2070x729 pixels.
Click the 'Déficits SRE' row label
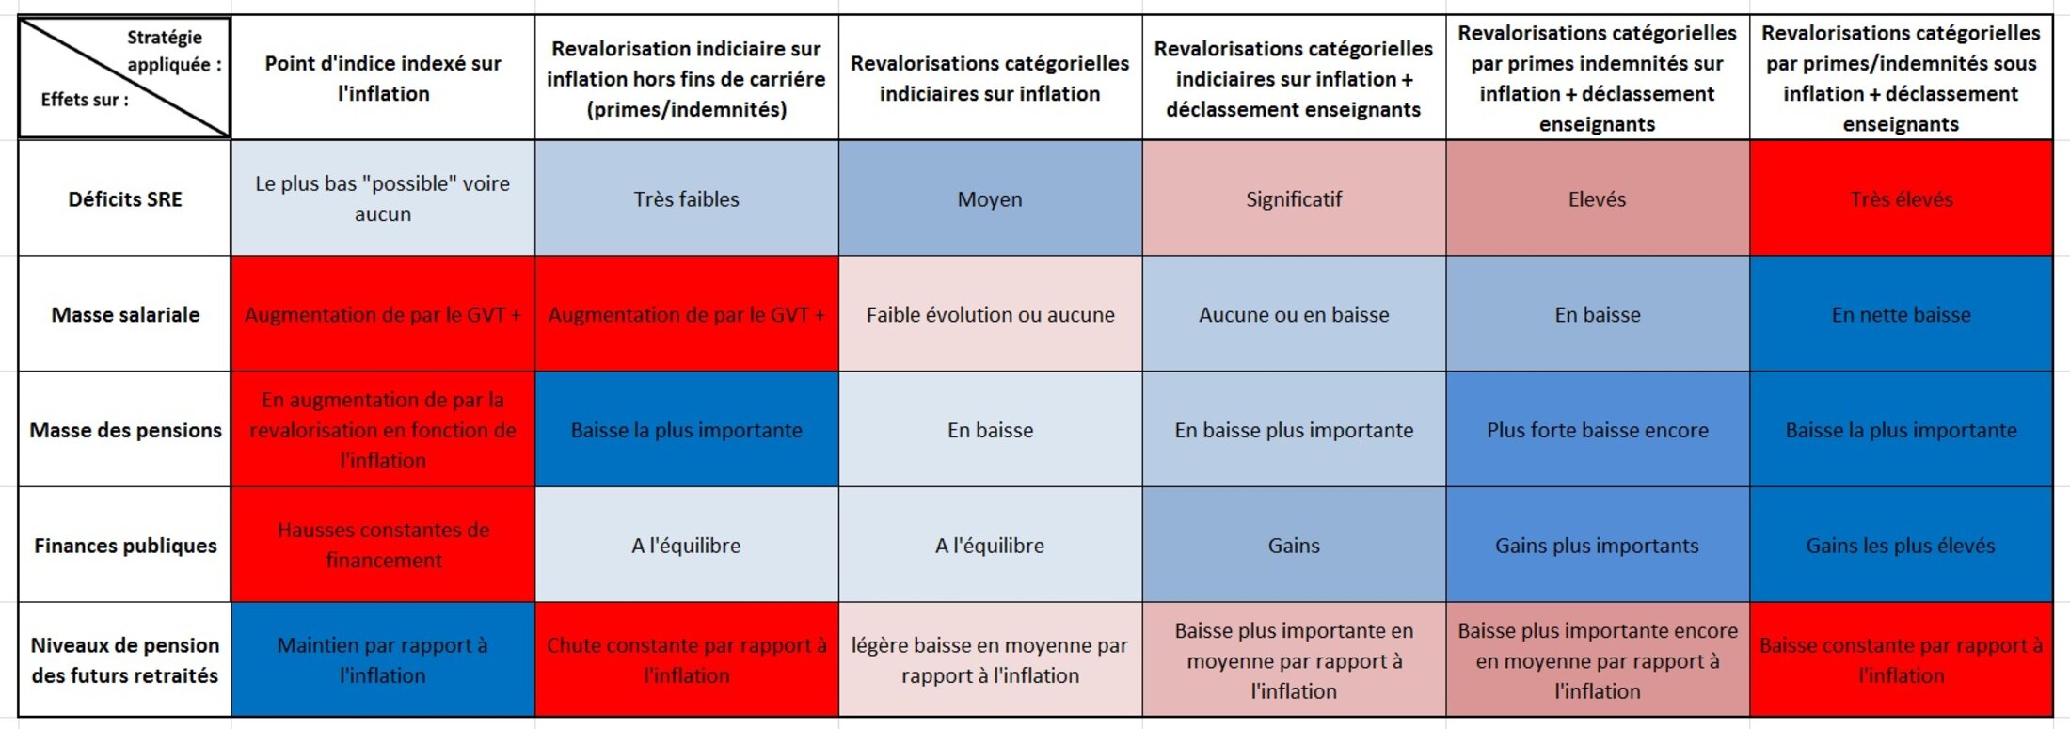(x=125, y=199)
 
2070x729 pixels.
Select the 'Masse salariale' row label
(x=125, y=315)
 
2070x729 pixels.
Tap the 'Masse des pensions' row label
(x=125, y=430)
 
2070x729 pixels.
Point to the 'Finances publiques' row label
(x=125, y=546)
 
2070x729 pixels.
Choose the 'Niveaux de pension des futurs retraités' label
(x=125, y=660)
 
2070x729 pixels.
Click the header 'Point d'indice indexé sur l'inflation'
(x=383, y=78)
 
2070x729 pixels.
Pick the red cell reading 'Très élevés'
(x=1901, y=199)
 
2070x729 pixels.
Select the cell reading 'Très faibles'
(x=686, y=199)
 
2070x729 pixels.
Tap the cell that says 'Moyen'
(x=990, y=199)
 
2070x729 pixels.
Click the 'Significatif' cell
(x=1294, y=199)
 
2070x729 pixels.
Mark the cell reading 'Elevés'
(x=1597, y=199)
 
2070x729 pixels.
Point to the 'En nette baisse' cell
(x=1901, y=315)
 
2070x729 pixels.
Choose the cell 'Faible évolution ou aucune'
(x=990, y=315)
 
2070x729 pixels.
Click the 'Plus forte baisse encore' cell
(x=1597, y=430)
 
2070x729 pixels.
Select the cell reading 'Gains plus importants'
(x=1597, y=546)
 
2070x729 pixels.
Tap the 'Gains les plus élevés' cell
(x=1901, y=546)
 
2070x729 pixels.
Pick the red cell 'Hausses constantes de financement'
(x=383, y=546)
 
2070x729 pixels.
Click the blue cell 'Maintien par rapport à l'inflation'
(x=383, y=660)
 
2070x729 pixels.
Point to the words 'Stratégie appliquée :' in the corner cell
(x=173, y=51)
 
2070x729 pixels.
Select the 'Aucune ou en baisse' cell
(x=1294, y=315)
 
